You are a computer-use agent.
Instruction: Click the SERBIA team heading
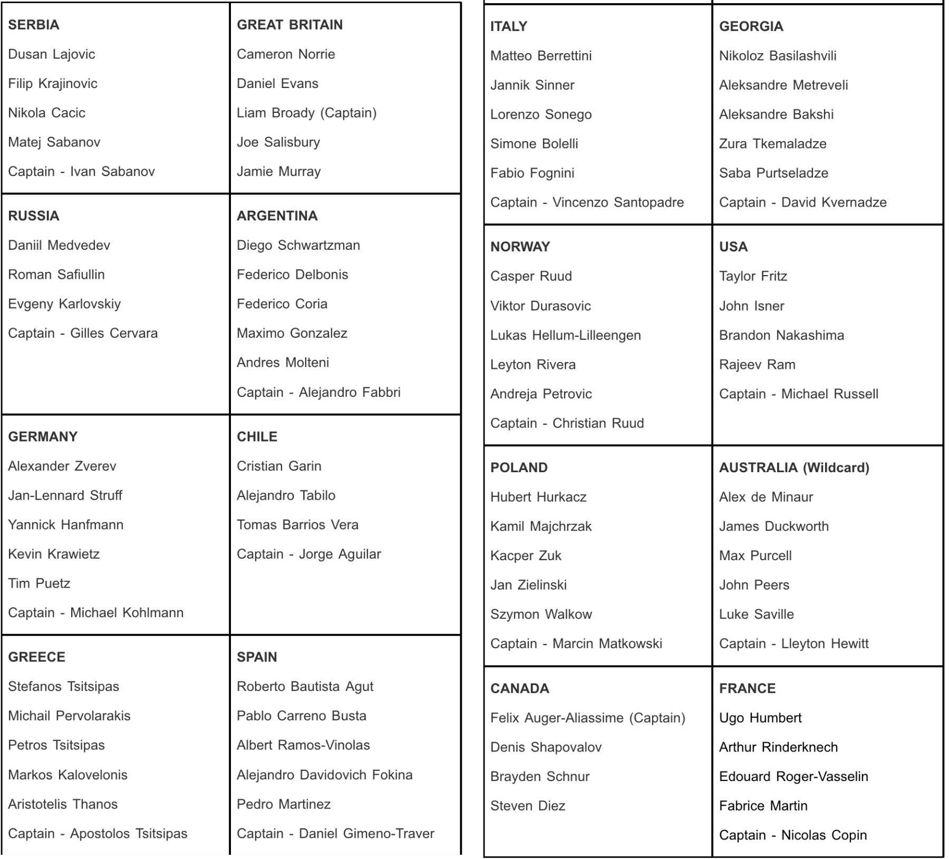click(x=34, y=25)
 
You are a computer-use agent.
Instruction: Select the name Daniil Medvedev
click(x=59, y=245)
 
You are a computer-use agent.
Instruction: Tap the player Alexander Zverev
click(x=62, y=466)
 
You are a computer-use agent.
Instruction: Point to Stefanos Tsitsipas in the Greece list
click(x=64, y=686)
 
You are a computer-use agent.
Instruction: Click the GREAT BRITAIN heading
click(x=289, y=25)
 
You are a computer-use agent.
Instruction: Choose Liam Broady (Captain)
click(x=306, y=113)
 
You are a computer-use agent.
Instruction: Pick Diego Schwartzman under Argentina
click(x=298, y=245)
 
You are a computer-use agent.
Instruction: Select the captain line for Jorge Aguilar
click(x=308, y=554)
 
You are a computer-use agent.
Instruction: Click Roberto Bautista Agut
click(x=305, y=686)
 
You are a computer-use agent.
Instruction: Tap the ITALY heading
click(x=509, y=26)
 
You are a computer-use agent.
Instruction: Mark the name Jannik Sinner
click(x=532, y=85)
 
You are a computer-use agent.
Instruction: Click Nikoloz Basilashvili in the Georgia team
click(x=778, y=56)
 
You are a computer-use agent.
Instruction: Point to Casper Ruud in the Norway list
click(x=531, y=276)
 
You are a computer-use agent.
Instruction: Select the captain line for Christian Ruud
click(x=567, y=423)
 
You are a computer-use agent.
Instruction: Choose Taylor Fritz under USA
click(x=753, y=276)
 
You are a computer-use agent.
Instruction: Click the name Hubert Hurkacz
click(x=538, y=497)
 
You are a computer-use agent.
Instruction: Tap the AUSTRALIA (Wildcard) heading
click(x=794, y=467)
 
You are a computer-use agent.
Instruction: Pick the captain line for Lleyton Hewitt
click(x=793, y=643)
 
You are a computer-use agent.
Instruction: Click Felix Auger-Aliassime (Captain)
click(x=587, y=718)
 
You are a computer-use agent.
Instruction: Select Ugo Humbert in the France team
click(x=760, y=718)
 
